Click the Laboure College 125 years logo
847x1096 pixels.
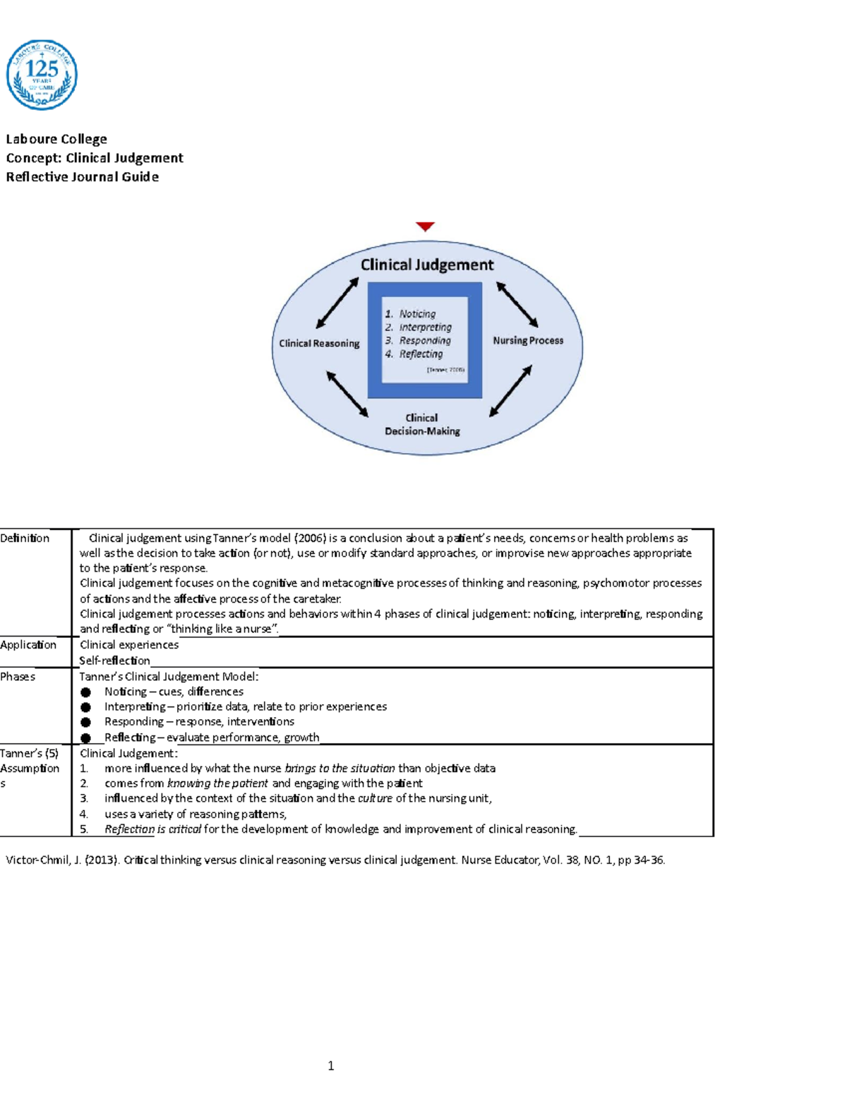[42, 75]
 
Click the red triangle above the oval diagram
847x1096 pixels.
[425, 227]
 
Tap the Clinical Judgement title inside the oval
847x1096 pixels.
[427, 265]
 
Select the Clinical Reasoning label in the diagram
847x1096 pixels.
[319, 344]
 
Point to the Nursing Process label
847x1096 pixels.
[528, 340]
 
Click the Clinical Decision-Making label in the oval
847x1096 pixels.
[422, 424]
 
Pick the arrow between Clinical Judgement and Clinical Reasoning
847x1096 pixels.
[337, 303]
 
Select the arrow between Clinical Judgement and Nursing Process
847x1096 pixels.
[517, 304]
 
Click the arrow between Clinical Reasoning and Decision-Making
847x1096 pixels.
[347, 394]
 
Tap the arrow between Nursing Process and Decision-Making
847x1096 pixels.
[510, 390]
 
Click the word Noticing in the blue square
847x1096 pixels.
[417, 314]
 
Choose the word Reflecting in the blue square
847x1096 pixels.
[421, 354]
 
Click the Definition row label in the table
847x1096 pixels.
[25, 538]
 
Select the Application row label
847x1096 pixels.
[28, 645]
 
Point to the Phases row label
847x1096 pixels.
[18, 677]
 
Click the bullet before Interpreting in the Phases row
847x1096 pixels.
[86, 707]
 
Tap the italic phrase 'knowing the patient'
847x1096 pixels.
[217, 783]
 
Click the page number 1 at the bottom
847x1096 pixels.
[331, 1066]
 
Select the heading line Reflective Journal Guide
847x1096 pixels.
[83, 177]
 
